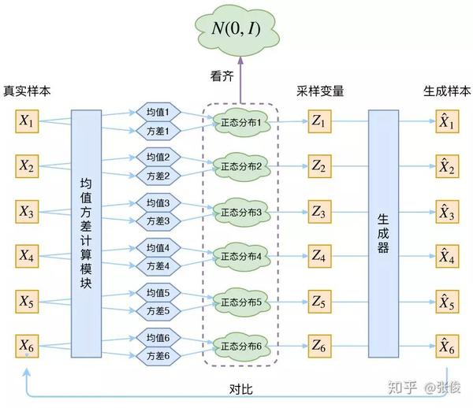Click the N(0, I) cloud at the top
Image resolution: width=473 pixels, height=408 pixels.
click(237, 29)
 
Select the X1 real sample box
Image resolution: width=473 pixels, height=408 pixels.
click(27, 121)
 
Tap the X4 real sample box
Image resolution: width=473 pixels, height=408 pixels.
click(27, 256)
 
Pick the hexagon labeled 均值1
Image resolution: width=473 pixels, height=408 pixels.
click(158, 113)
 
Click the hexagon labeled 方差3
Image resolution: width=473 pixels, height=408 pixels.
click(158, 221)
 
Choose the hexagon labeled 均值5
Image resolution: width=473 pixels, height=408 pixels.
click(158, 292)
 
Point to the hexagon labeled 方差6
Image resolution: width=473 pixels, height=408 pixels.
click(158, 356)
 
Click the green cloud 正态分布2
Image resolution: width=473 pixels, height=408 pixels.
click(241, 167)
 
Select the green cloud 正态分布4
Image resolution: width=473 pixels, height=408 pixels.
click(241, 257)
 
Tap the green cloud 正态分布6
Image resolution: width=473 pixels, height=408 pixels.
click(241, 347)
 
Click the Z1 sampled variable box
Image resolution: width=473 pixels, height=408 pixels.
click(320, 121)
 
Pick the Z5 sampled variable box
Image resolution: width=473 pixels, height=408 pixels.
click(320, 302)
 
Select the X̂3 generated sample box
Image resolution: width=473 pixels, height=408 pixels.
click(447, 212)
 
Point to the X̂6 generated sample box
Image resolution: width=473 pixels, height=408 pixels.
click(447, 347)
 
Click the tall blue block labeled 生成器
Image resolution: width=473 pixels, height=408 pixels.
click(383, 234)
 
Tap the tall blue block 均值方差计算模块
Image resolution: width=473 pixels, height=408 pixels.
click(86, 234)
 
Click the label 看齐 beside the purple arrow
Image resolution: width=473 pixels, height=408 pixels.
click(222, 76)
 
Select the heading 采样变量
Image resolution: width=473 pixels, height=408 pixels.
click(320, 91)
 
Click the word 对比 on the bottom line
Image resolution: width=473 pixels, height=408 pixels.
click(241, 389)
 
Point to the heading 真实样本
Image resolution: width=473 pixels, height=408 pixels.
click(27, 91)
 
